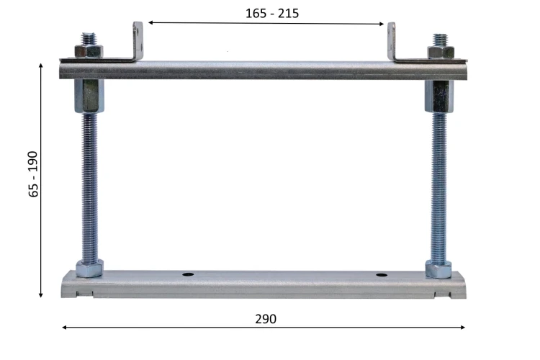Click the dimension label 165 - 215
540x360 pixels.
[x=272, y=14]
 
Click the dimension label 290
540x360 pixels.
[x=266, y=319]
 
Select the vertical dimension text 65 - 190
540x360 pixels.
[x=33, y=174]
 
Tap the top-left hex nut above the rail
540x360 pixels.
[x=89, y=51]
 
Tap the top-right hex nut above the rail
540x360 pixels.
[x=441, y=52]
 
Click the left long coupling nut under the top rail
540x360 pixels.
[x=89, y=96]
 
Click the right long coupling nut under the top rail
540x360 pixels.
[x=439, y=96]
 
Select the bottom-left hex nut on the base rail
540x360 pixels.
[x=89, y=269]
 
